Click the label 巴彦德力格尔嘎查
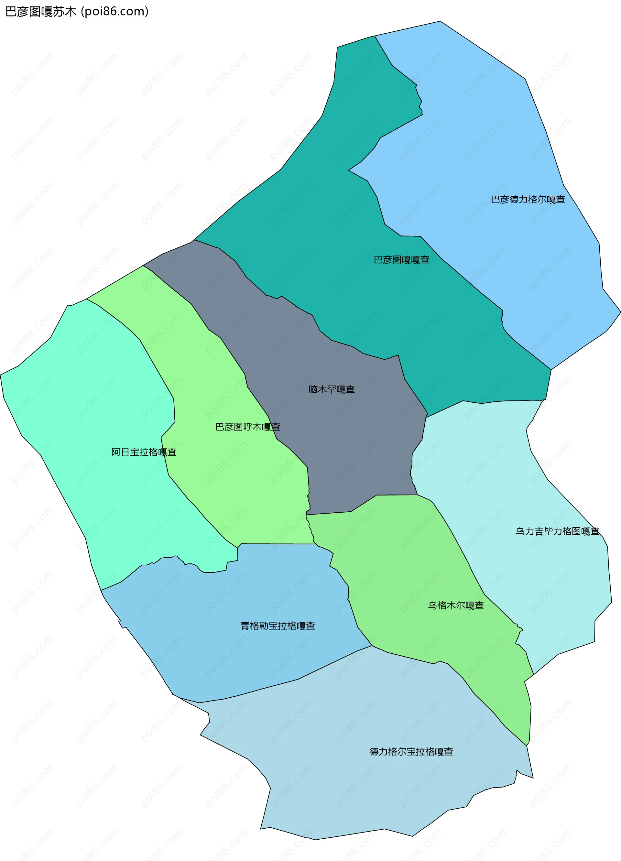(x=528, y=200)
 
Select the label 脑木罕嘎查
(x=332, y=389)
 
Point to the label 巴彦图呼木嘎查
(x=247, y=427)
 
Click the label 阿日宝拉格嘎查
(x=144, y=452)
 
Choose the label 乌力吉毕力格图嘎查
(x=557, y=531)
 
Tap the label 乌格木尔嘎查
(x=455, y=605)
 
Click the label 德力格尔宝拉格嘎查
(x=411, y=752)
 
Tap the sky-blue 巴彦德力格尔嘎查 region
(x=494, y=133)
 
